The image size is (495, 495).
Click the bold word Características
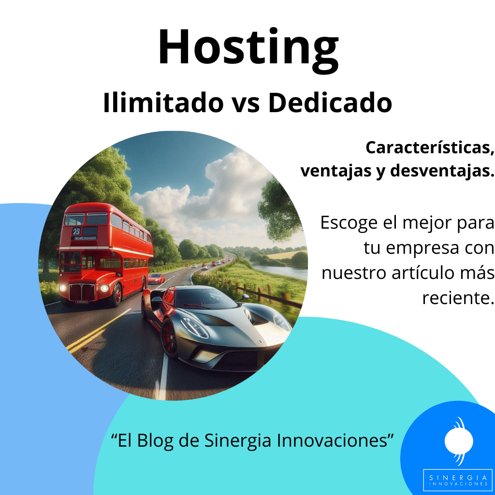tap(430, 148)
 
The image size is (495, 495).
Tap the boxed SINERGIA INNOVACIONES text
tap(457, 480)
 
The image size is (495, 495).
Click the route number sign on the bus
tap(76, 232)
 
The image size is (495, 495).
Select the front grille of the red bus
tap(82, 291)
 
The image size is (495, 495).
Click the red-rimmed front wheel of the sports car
tap(169, 338)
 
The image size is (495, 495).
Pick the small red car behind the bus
tap(156, 279)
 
